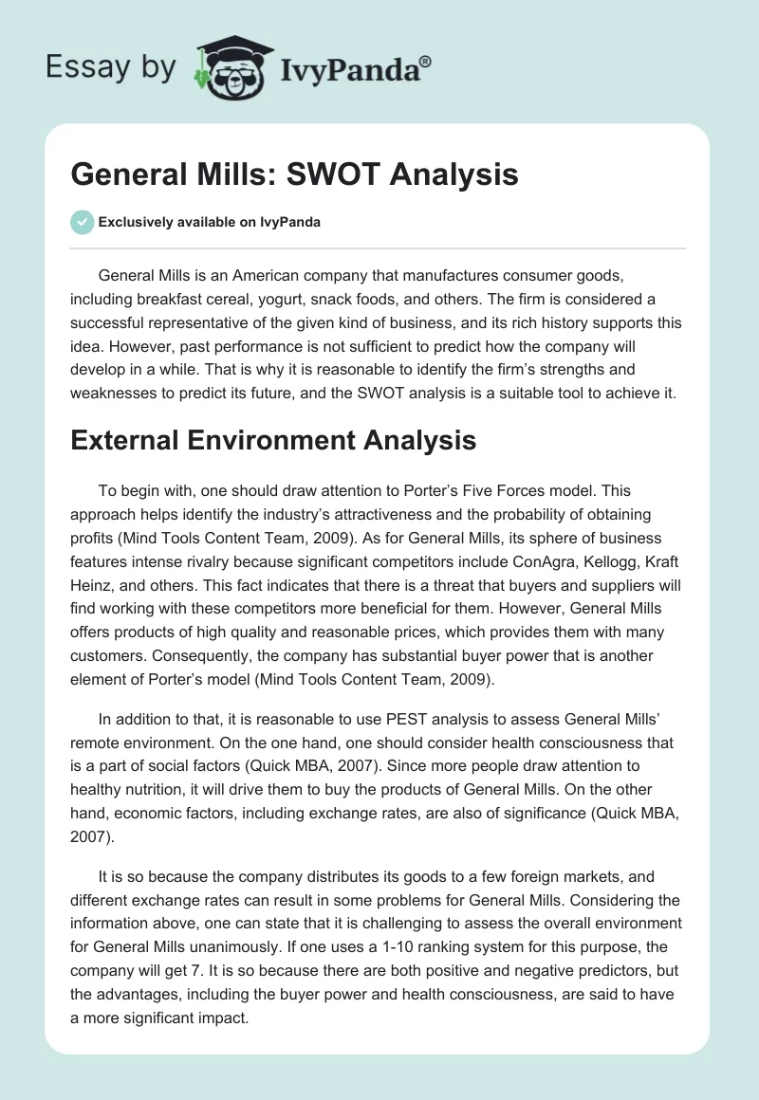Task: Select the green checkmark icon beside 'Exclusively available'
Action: click(x=82, y=222)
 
